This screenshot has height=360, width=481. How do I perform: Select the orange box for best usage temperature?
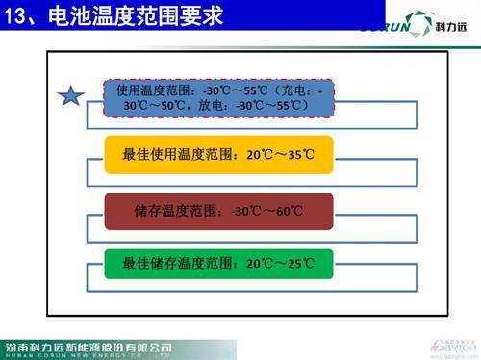[x=217, y=154]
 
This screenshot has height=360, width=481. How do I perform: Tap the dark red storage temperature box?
[x=217, y=211]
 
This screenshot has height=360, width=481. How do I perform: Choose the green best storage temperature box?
[x=217, y=263]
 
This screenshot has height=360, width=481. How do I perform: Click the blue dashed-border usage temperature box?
[x=217, y=96]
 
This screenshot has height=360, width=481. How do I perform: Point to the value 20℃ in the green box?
[x=260, y=263]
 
